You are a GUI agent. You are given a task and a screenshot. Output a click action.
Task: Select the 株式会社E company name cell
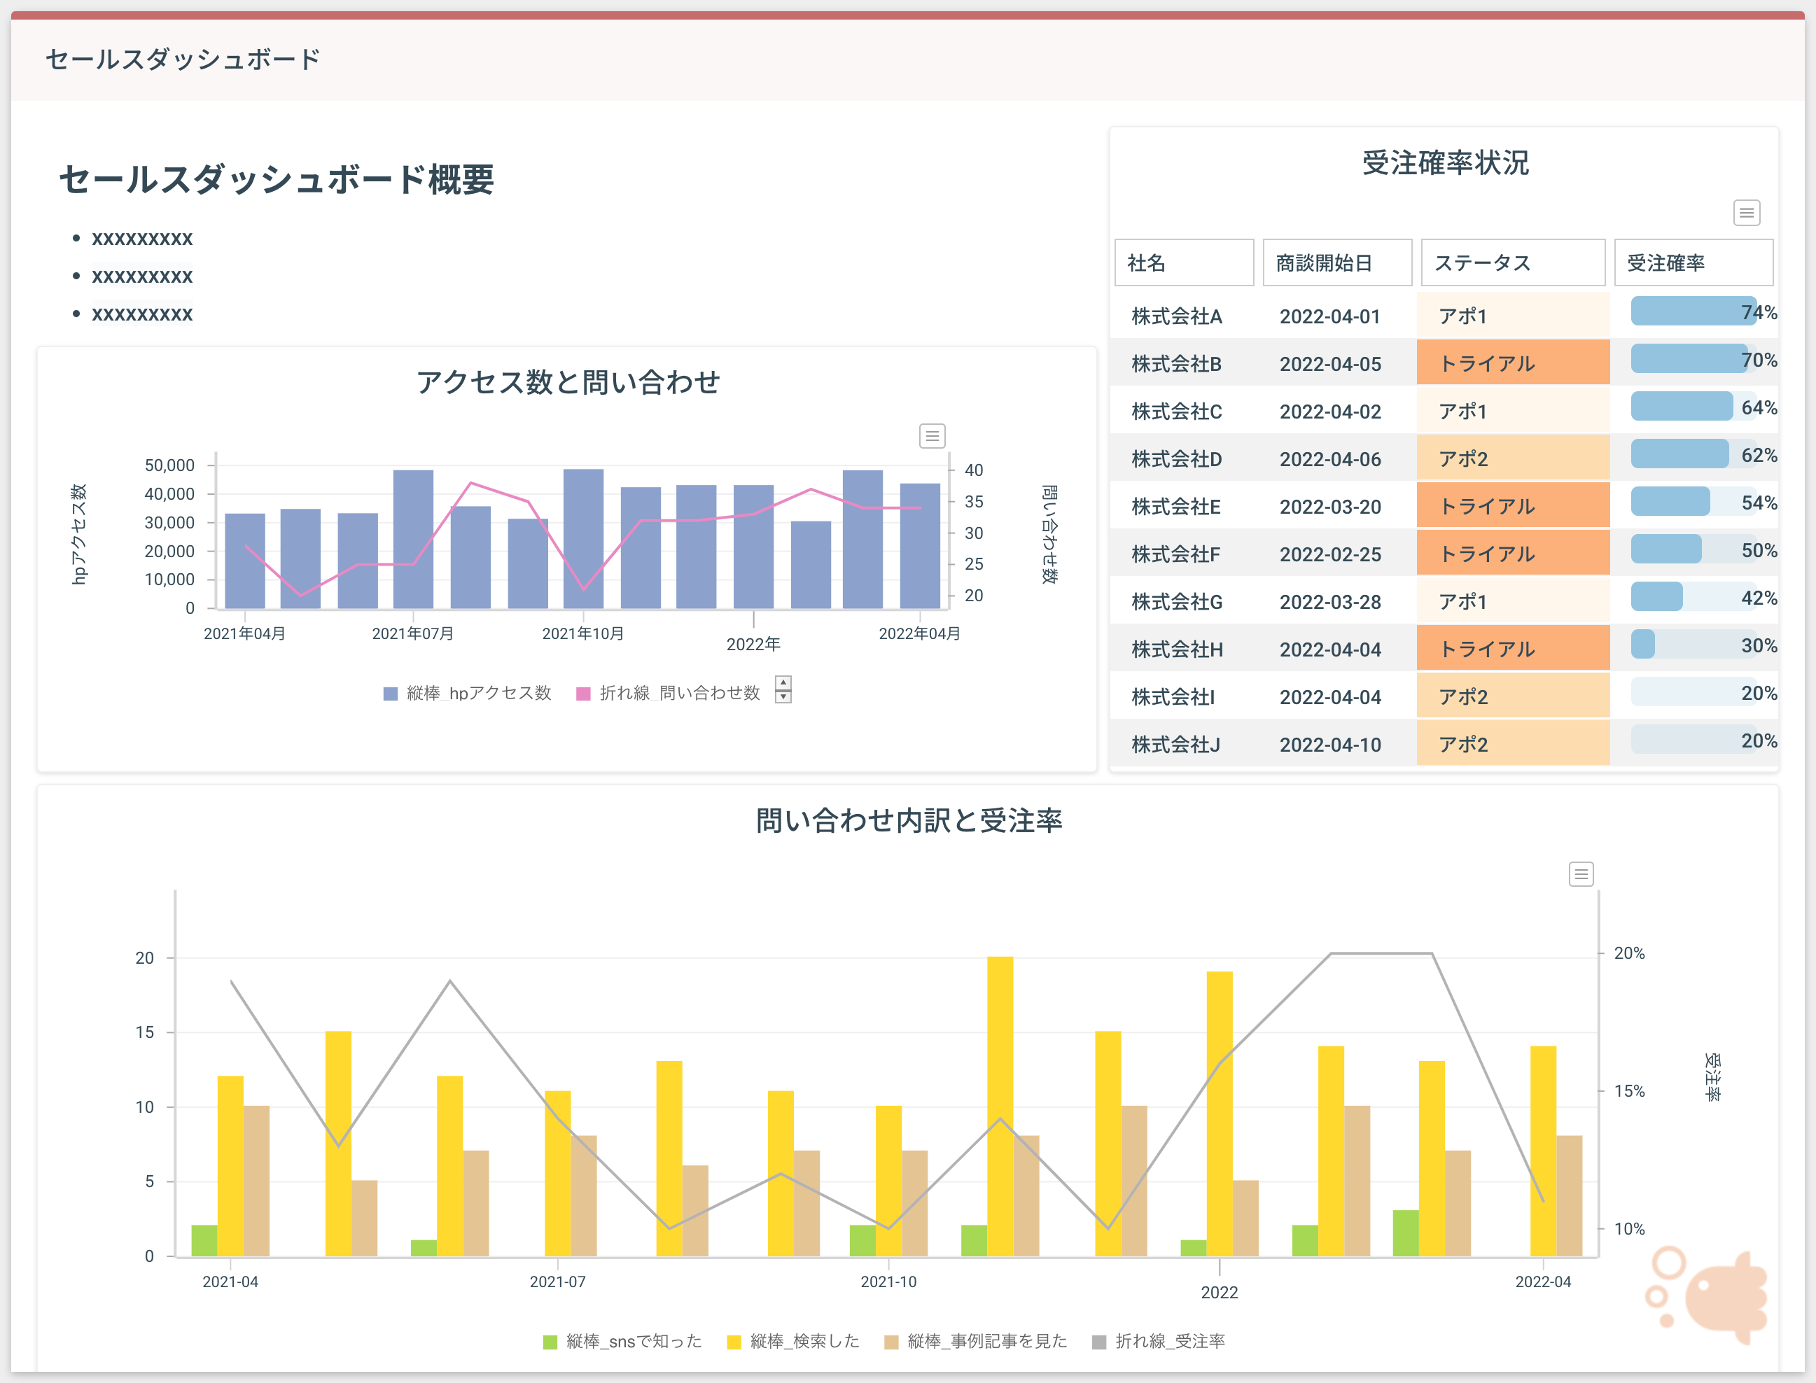tap(1175, 506)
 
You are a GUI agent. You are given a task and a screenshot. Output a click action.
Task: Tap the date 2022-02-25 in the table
tap(1329, 554)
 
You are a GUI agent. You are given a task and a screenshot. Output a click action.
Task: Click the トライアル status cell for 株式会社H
tap(1512, 649)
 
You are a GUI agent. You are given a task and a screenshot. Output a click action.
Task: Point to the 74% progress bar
tap(1691, 311)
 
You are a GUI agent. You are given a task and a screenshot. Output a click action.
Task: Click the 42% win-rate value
tap(1759, 598)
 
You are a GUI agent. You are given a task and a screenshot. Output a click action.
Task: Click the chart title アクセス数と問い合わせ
tap(567, 382)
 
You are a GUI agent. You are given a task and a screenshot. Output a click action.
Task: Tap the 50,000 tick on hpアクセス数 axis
tap(169, 465)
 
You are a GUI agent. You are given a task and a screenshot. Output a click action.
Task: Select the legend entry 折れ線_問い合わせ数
tap(669, 692)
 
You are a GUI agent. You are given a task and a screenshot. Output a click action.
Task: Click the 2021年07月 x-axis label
tap(412, 633)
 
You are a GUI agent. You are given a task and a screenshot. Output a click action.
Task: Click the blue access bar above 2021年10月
tap(583, 539)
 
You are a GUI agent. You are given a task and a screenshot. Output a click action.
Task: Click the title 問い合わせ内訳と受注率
tap(908, 820)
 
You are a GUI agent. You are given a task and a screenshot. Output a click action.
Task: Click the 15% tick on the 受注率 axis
tap(1628, 1090)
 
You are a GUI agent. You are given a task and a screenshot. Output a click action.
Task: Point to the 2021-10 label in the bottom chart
tap(888, 1281)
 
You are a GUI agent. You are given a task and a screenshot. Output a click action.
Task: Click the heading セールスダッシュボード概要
tap(276, 178)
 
